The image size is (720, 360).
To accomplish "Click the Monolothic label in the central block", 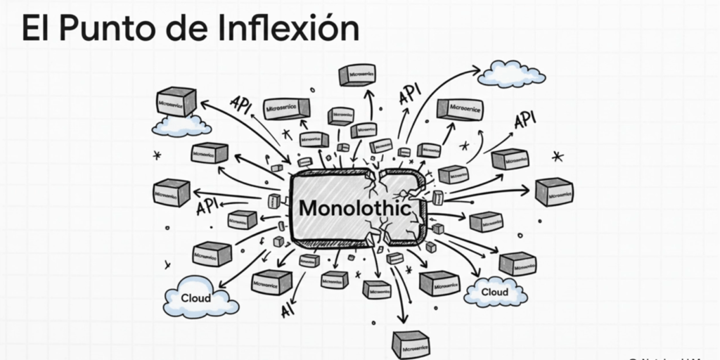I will coord(354,208).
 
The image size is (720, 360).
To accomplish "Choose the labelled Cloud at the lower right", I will coord(494,292).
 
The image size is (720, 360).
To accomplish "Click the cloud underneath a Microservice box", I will coord(181,126).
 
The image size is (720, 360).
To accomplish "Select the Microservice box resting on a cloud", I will coord(176,102).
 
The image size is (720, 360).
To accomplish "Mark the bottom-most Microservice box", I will coord(411,345).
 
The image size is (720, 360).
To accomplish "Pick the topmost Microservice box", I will coord(357,75).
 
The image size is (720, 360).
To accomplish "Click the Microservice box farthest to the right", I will coord(554,192).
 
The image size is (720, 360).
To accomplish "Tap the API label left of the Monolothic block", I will coord(208,206).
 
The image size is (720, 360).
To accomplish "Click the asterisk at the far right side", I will coord(558,155).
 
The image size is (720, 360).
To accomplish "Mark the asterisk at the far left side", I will coord(157,155).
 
